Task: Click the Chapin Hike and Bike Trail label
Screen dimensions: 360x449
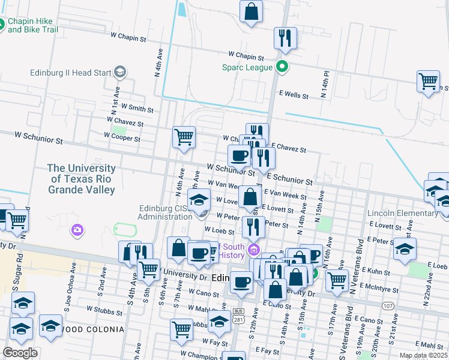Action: coord(34,25)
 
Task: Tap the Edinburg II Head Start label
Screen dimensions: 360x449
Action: coord(71,73)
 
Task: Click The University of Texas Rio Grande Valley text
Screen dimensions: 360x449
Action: coord(82,179)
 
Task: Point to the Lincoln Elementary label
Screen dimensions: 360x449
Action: coord(403,213)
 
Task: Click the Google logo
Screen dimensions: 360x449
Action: coord(20,353)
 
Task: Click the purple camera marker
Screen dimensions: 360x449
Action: coord(77,229)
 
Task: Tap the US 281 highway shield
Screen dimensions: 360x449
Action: coord(239,315)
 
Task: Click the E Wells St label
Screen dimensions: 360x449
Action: coord(294,95)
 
